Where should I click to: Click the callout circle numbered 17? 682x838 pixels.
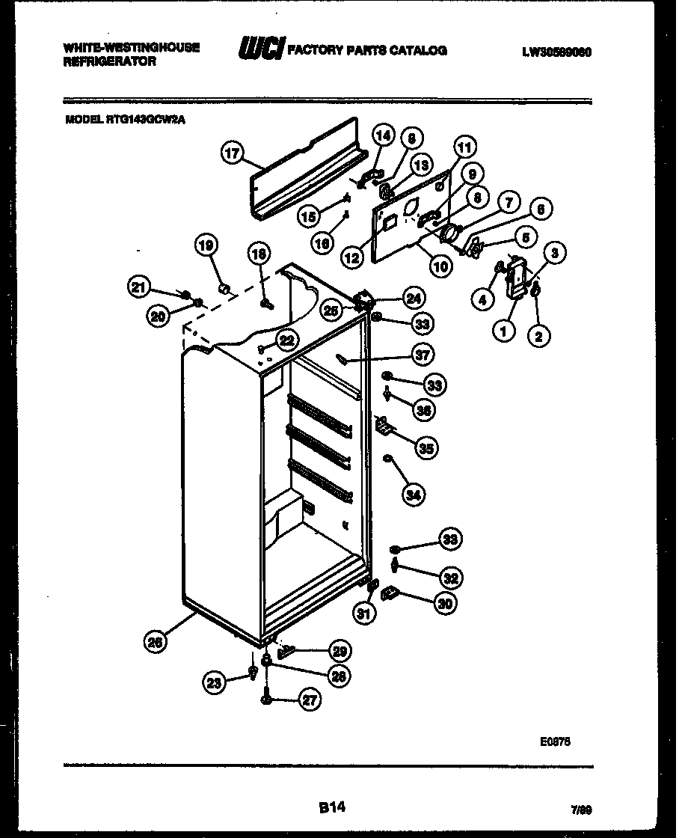(x=233, y=154)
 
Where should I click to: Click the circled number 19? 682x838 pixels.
(x=206, y=245)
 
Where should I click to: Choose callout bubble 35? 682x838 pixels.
(x=427, y=449)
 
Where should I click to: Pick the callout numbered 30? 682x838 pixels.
(x=446, y=604)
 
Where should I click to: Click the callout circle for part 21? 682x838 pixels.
(x=138, y=285)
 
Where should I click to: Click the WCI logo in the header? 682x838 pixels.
(x=260, y=50)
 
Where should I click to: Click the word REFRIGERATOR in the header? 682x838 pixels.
(x=110, y=62)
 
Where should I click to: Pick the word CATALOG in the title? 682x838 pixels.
(x=420, y=50)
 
